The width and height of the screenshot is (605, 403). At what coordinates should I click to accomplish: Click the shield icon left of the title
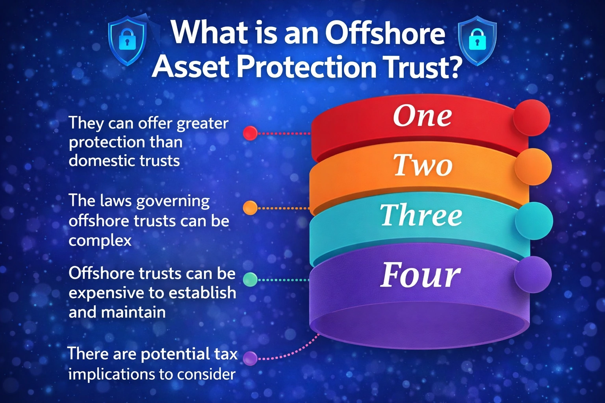[127, 41]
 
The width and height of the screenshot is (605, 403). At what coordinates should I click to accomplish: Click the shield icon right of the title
[477, 41]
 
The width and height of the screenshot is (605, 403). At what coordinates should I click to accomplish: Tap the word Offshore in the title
[385, 33]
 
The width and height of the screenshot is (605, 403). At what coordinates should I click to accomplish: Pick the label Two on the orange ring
[423, 165]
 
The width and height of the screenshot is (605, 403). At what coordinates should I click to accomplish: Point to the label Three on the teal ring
[421, 215]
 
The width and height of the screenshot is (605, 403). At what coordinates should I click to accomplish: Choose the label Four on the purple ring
[420, 275]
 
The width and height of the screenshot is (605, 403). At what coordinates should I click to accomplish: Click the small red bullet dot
[250, 133]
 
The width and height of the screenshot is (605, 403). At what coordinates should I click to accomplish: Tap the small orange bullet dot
[250, 207]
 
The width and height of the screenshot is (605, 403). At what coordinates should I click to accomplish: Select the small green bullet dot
[250, 279]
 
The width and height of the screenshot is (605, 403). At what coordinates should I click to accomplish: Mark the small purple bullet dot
[250, 358]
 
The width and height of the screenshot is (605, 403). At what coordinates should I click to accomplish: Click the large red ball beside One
[531, 117]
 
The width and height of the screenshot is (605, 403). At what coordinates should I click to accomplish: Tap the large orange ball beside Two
[533, 167]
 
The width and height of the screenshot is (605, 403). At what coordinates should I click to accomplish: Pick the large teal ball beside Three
[534, 220]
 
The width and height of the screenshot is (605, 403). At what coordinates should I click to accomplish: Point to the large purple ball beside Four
[533, 274]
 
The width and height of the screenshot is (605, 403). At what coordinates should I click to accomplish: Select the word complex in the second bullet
[100, 240]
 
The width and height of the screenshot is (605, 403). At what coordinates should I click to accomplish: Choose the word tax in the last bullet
[226, 354]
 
